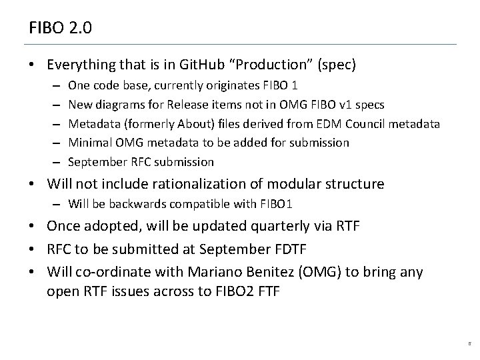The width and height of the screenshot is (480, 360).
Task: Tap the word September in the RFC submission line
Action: (92, 162)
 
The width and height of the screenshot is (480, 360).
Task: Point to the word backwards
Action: (126, 203)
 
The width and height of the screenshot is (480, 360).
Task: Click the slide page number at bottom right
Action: (469, 344)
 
